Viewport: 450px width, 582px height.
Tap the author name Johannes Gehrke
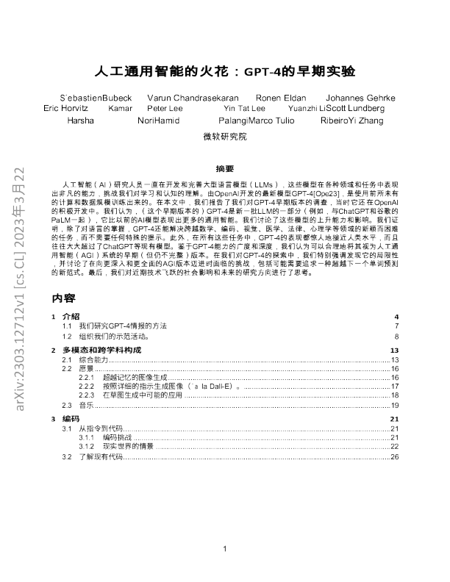[360, 98]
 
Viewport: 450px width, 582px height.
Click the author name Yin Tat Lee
[244, 108]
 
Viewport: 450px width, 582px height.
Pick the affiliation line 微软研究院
[224, 136]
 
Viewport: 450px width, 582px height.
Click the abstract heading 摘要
[224, 168]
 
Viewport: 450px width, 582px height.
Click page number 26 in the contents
[394, 457]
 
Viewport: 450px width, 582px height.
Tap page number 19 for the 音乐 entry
[394, 405]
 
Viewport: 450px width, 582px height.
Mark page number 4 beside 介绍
[396, 316]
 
